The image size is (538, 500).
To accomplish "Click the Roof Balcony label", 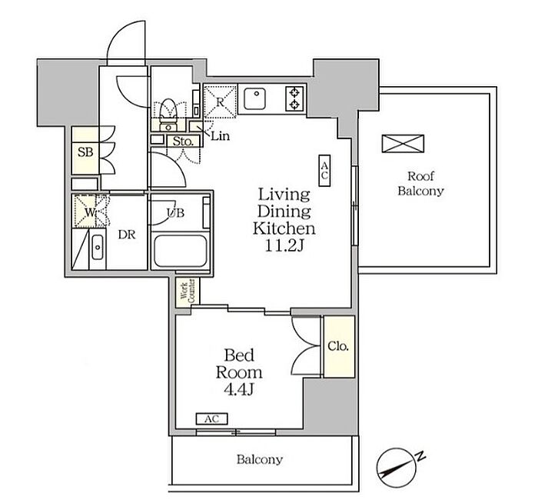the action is click(420, 184).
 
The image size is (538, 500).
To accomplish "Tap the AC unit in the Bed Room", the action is click(211, 419).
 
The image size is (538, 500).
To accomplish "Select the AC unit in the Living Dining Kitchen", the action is click(324, 170).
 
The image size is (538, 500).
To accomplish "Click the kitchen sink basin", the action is click(254, 98).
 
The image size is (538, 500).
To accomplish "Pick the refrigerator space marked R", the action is click(220, 102).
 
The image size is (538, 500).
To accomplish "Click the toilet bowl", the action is click(168, 108).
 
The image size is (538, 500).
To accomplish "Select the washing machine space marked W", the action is click(90, 212).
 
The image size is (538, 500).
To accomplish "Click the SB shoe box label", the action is click(85, 152).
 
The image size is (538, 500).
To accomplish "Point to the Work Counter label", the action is click(188, 292).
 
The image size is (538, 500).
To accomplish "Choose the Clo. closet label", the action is click(338, 346).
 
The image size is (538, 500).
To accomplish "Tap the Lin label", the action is click(221, 136).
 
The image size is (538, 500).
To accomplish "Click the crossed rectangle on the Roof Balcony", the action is click(403, 144).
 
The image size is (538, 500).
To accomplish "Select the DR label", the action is click(127, 235).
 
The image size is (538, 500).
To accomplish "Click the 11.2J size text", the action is click(285, 245).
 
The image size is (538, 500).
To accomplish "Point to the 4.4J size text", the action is click(239, 389).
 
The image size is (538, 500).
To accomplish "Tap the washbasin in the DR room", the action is click(98, 248).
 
